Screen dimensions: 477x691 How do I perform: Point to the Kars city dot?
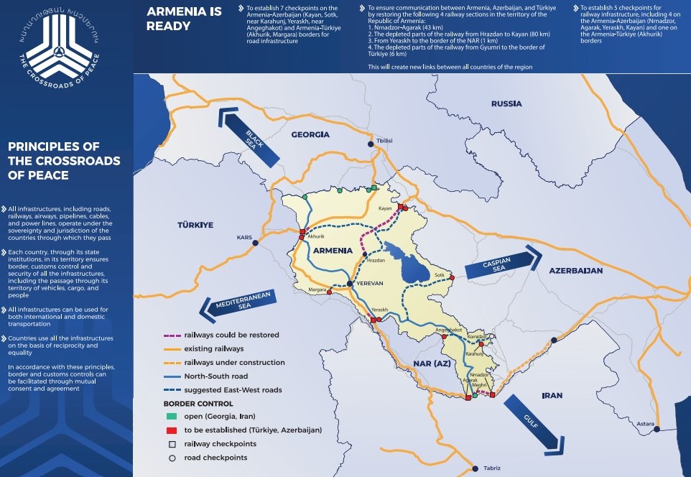pyautogui.click(x=256, y=243)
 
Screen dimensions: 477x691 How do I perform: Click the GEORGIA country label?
pyautogui.click(x=310, y=134)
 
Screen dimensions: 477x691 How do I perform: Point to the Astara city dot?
pyautogui.click(x=657, y=429)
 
